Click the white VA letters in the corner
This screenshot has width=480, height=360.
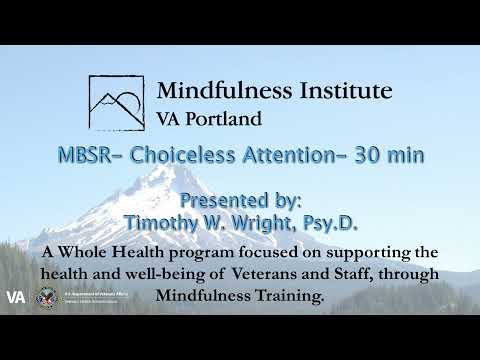(15, 297)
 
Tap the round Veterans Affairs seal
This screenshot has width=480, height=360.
(46, 297)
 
